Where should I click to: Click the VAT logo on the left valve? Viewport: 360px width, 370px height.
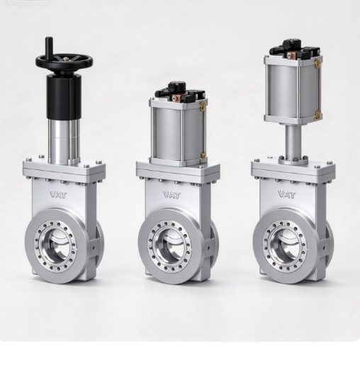pyautogui.click(x=58, y=194)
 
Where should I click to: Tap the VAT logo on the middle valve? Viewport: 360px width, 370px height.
pyautogui.click(x=171, y=195)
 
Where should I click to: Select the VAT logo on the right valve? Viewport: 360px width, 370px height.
pyautogui.click(x=287, y=195)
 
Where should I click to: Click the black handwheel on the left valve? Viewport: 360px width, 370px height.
pyautogui.click(x=64, y=62)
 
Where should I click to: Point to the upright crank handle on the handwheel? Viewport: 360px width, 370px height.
pyautogui.click(x=49, y=48)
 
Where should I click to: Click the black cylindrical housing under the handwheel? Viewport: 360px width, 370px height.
pyautogui.click(x=64, y=96)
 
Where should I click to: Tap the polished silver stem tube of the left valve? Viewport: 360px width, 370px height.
pyautogui.click(x=64, y=141)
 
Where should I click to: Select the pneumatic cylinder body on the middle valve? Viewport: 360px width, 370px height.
pyautogui.click(x=179, y=133)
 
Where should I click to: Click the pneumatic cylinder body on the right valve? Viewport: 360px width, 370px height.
pyautogui.click(x=293, y=90)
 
